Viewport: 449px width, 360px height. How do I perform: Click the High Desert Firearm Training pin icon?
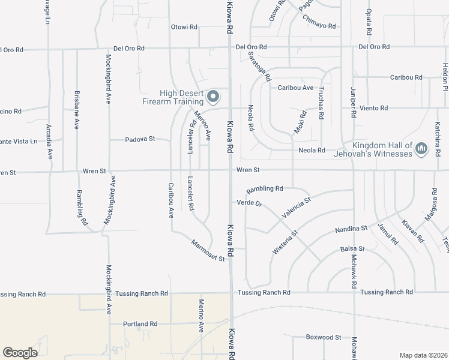[x=212, y=96]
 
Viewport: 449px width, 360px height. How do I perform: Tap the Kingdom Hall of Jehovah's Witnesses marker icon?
[x=421, y=148]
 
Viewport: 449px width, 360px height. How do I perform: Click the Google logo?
[x=20, y=353]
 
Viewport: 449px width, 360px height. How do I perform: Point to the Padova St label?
[x=140, y=139]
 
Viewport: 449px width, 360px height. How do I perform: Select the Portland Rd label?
[x=140, y=324]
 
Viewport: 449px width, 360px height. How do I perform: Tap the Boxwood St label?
[x=323, y=337]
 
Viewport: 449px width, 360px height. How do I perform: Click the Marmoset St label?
[x=208, y=251]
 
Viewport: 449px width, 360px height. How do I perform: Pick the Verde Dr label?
[x=250, y=203]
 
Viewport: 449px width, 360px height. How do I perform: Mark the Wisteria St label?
[x=286, y=243]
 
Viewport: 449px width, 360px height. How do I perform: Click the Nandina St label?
[x=351, y=229]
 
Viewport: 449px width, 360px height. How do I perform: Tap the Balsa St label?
[x=352, y=248]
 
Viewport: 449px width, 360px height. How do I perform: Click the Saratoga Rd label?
[x=260, y=66]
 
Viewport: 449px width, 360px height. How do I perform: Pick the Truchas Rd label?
[x=321, y=104]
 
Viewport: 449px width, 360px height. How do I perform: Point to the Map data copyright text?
[x=423, y=355]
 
